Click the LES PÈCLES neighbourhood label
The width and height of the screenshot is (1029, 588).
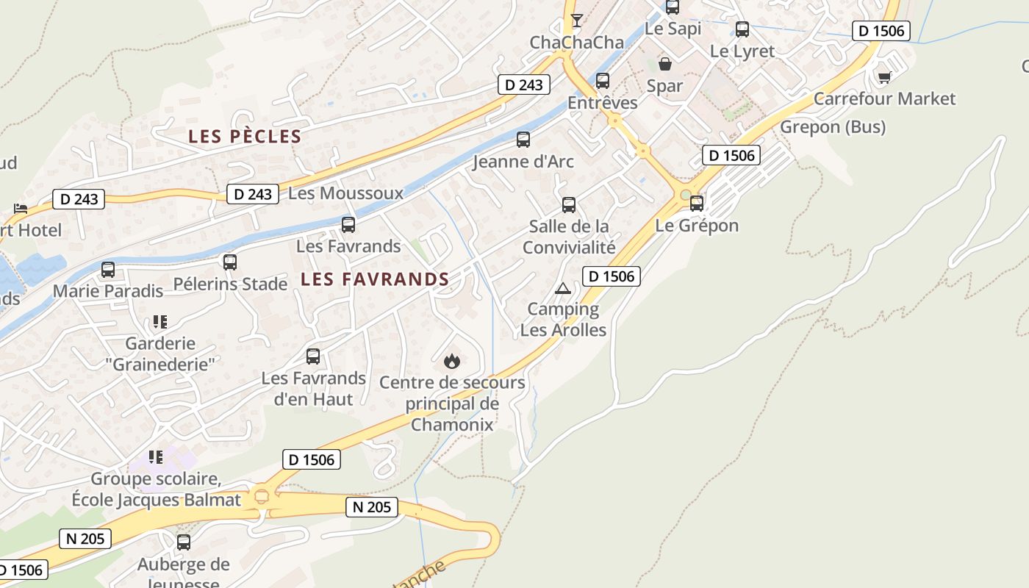245,137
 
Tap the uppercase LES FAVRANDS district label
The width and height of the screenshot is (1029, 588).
375,279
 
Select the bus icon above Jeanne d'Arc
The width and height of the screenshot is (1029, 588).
523,139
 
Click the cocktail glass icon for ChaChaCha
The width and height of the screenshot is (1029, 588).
577,20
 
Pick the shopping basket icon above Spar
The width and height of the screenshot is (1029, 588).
665,64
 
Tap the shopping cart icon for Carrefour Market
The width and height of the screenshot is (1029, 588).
884,76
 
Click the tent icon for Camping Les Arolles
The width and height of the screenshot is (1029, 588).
563,288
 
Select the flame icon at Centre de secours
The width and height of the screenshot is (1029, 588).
452,361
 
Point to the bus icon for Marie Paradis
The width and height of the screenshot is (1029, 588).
108,270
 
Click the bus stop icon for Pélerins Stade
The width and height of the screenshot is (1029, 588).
230,262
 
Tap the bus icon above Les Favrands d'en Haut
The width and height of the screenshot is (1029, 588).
313,356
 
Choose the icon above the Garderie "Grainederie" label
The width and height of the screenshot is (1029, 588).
159,322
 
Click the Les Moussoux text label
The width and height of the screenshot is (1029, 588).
346,193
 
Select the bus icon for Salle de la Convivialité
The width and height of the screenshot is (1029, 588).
569,204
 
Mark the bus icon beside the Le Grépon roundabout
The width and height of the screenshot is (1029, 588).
697,204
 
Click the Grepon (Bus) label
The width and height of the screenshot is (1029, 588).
833,127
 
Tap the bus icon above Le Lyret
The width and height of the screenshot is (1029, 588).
742,29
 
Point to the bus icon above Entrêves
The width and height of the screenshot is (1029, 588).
603,81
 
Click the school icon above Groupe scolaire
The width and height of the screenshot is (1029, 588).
155,457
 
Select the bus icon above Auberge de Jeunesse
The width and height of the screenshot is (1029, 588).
184,542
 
